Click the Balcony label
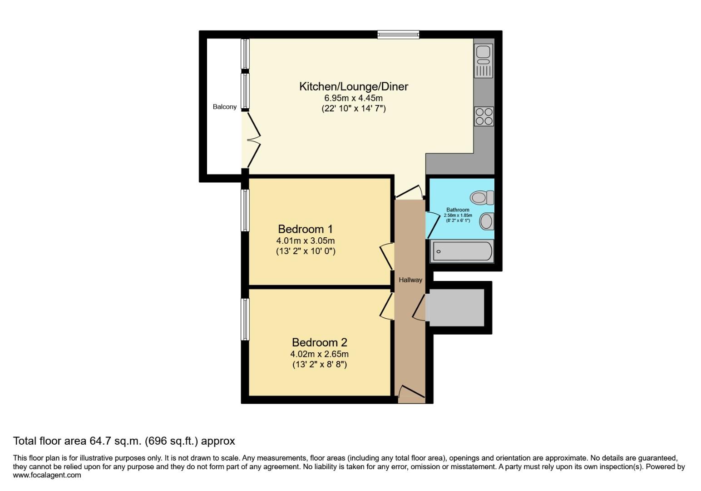tap(224, 107)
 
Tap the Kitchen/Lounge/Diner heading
tap(354, 86)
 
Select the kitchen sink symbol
tap(483, 61)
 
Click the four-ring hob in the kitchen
tap(484, 116)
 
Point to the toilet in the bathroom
tap(482, 197)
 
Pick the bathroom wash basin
tap(487, 221)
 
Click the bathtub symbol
tap(462, 251)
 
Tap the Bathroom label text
tap(458, 210)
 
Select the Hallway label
tap(410, 280)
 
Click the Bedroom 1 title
tap(305, 229)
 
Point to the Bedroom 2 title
tap(320, 342)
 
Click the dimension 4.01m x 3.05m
tap(306, 241)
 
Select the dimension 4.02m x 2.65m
tap(320, 354)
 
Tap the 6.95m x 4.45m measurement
tap(353, 98)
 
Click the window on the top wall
tap(398, 35)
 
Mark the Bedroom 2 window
tap(245, 319)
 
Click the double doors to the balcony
tap(253, 140)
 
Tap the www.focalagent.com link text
tap(47, 476)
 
